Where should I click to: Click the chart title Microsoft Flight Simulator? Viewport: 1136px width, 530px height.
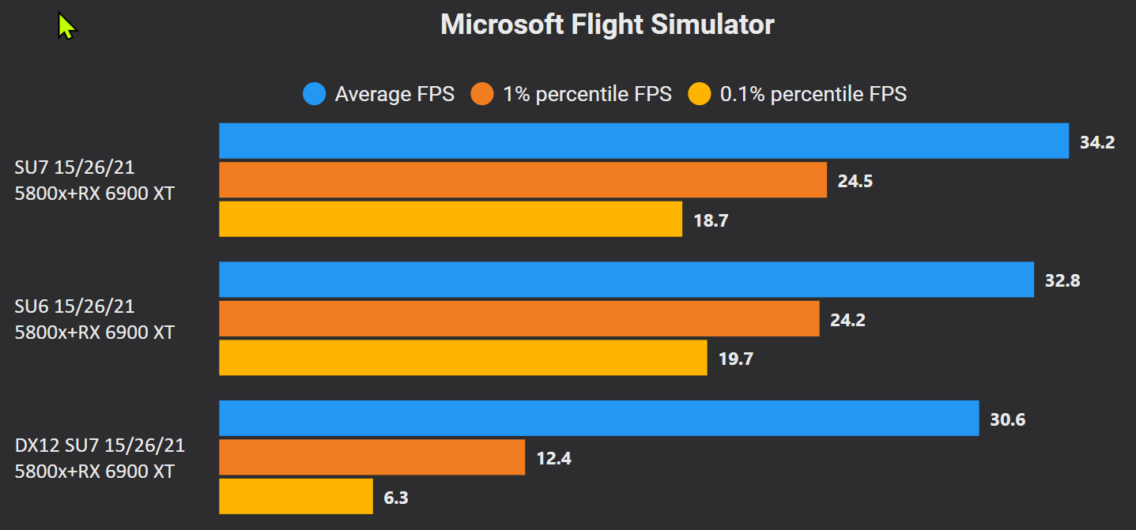pyautogui.click(x=607, y=24)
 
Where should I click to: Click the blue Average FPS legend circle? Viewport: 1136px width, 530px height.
pyautogui.click(x=314, y=95)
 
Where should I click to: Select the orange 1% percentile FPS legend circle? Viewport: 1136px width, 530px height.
pyautogui.click(x=482, y=95)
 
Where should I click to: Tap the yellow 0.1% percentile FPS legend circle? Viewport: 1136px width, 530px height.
pyautogui.click(x=700, y=95)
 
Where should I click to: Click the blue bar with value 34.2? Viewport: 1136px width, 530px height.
pyautogui.click(x=643, y=141)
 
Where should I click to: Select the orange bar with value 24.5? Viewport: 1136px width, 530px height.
pyautogui.click(x=523, y=180)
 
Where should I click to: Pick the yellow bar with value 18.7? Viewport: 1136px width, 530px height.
pyautogui.click(x=451, y=219)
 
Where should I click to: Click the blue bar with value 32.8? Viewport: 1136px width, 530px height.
pyautogui.click(x=626, y=280)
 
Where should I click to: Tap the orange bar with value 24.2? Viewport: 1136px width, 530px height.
pyautogui.click(x=519, y=318)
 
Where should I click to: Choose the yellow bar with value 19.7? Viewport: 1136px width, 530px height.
pyautogui.click(x=462, y=357)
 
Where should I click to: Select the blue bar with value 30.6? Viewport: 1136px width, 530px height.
pyautogui.click(x=598, y=418)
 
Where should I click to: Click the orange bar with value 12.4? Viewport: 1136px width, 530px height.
pyautogui.click(x=372, y=457)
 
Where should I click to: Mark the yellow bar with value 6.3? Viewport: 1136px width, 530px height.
pyautogui.click(x=296, y=496)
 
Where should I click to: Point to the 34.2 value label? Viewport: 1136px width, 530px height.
pyautogui.click(x=1097, y=143)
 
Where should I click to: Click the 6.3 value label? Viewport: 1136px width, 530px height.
pyautogui.click(x=397, y=498)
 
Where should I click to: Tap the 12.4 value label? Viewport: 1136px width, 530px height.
pyautogui.click(x=553, y=459)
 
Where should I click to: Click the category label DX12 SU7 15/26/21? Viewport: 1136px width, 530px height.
pyautogui.click(x=100, y=445)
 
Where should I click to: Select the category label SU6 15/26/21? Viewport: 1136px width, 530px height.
pyautogui.click(x=74, y=306)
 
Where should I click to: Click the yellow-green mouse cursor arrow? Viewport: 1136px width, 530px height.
pyautogui.click(x=66, y=27)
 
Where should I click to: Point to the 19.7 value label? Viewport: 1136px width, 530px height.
pyautogui.click(x=736, y=359)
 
